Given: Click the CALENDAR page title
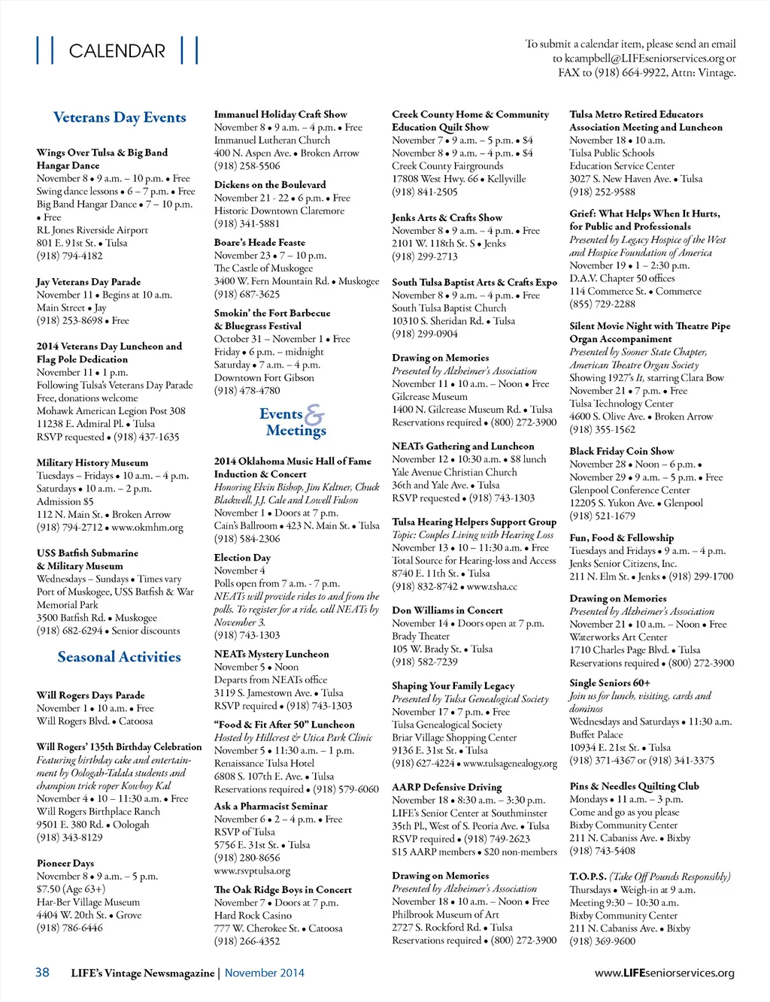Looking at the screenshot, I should [x=117, y=51].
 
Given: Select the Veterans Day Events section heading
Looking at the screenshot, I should [x=119, y=118].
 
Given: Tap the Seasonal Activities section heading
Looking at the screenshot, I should [x=119, y=657].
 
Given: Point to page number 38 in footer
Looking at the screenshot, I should [x=42, y=972].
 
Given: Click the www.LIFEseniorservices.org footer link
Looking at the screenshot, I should [x=664, y=973].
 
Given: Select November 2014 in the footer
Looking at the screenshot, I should [x=264, y=973].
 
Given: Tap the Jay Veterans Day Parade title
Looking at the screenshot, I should [x=88, y=282].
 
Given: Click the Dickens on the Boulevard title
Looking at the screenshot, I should [x=269, y=185].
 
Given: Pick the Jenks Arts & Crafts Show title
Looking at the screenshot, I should [x=447, y=217].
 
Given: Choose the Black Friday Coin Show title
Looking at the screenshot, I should [x=621, y=451].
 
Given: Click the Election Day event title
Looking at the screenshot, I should [x=241, y=558].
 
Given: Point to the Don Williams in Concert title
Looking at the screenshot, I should [x=447, y=610].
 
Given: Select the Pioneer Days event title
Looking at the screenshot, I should [x=65, y=863].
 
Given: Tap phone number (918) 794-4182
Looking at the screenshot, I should [x=69, y=256].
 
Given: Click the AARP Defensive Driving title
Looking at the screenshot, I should [x=446, y=787].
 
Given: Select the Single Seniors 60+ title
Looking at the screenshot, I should [x=609, y=683].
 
